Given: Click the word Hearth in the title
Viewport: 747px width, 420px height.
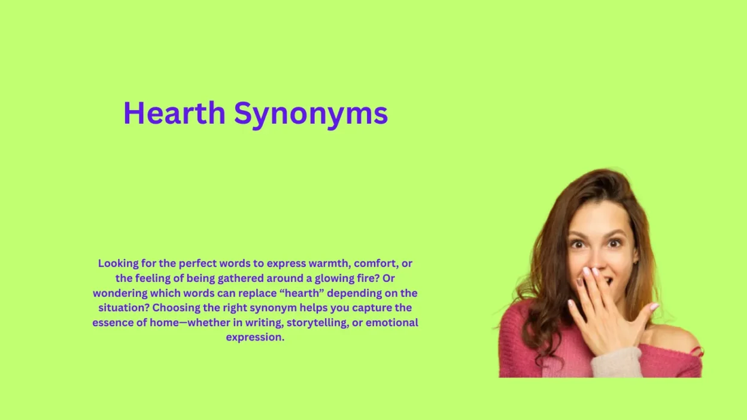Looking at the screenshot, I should tap(174, 113).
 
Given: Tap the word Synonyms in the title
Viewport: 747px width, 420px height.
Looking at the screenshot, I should tap(311, 114).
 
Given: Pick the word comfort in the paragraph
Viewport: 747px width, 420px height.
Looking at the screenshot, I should tap(373, 263).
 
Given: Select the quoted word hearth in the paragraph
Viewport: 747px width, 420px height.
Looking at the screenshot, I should tap(326, 293).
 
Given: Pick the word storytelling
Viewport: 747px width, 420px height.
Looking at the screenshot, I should tap(323, 322).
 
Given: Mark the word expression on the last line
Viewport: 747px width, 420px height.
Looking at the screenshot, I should tap(254, 337).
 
